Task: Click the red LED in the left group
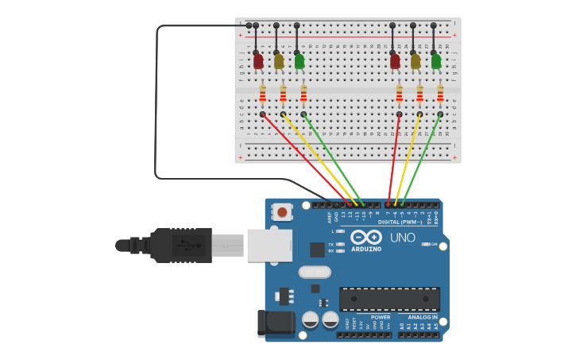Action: [x=258, y=61]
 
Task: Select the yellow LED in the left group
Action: [x=279, y=61]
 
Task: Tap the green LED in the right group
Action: [x=436, y=61]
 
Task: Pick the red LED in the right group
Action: [x=395, y=61]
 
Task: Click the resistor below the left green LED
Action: [x=303, y=95]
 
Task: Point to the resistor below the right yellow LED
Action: [x=419, y=95]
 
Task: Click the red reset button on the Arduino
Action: [x=281, y=211]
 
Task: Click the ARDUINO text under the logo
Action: [x=366, y=250]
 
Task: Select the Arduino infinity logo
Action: [x=366, y=237]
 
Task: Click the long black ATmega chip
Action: [x=389, y=299]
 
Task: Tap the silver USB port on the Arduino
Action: [x=269, y=245]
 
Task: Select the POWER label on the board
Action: [x=381, y=317]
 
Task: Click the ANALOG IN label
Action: [x=423, y=317]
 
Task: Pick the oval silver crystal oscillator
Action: [x=315, y=272]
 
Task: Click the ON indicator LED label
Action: [x=434, y=244]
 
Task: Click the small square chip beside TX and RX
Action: [x=317, y=250]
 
